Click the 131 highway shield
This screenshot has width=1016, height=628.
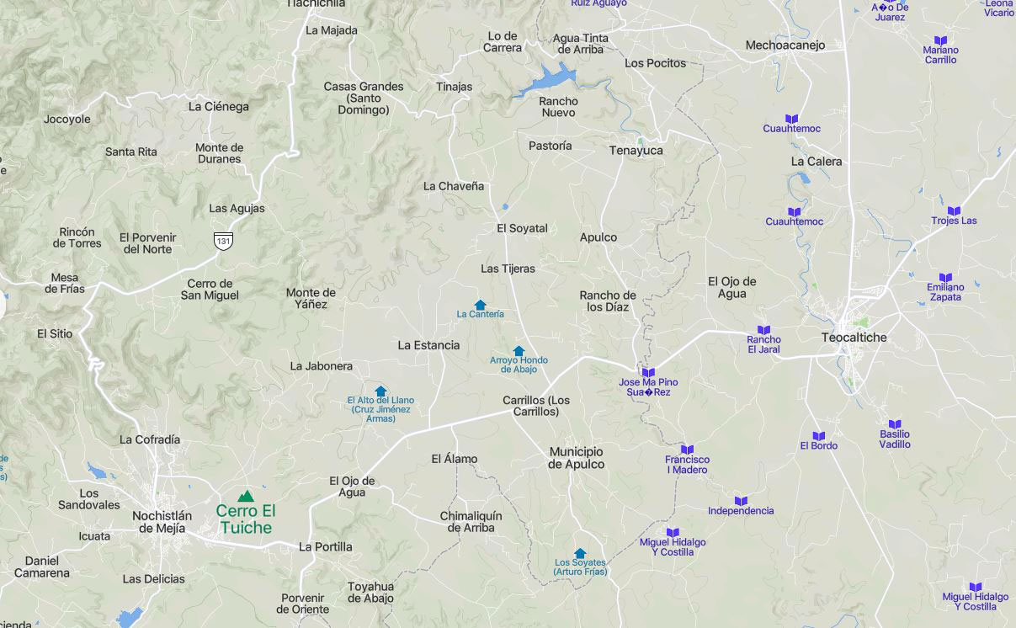[x=223, y=240]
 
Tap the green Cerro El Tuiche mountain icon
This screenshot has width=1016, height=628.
[x=245, y=497]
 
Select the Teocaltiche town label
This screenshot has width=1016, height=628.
[x=854, y=338]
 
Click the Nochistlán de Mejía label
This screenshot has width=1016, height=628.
[x=162, y=522]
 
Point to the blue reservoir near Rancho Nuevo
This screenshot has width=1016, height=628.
[x=548, y=79]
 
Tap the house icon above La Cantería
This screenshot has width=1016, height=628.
[x=480, y=305]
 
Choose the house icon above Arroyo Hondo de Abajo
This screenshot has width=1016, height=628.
[x=519, y=351]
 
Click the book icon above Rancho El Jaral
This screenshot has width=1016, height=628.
[x=763, y=330]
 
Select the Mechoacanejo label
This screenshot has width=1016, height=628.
[x=785, y=45]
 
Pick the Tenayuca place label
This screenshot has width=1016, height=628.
[x=636, y=151]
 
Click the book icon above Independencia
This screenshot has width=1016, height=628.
[x=741, y=501]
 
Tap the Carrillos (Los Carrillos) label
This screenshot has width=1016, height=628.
[x=536, y=406]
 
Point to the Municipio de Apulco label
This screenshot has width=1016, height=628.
[x=577, y=458]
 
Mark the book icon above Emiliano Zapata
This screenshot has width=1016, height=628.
[x=945, y=278]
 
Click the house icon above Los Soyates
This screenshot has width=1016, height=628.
[x=580, y=553]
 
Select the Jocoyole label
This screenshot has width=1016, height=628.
[x=67, y=120]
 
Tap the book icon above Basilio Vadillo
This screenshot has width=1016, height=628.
[x=895, y=425]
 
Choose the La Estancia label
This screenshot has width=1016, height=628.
[x=428, y=345]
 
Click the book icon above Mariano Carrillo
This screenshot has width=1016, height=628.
[x=940, y=40]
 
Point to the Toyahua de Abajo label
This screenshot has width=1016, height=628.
[x=370, y=593]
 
